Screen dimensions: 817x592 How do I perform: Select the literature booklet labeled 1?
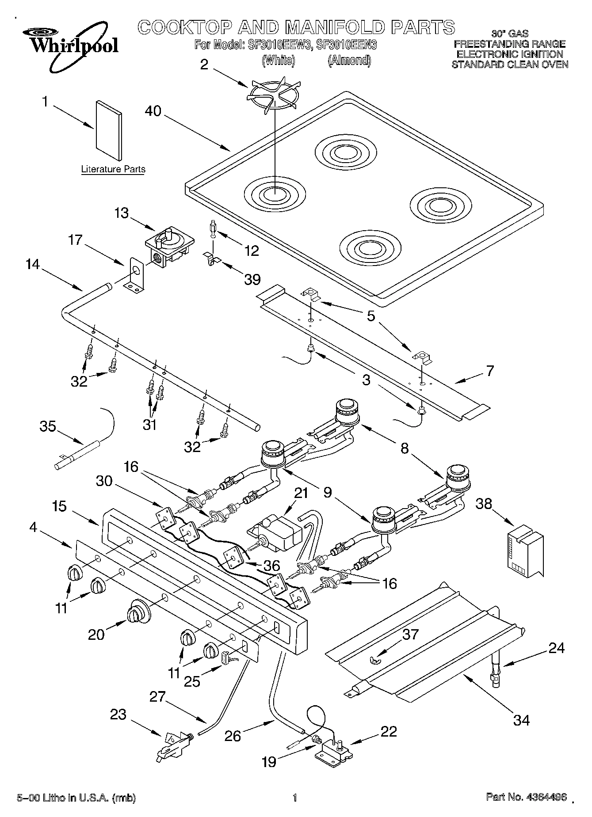pyautogui.click(x=109, y=130)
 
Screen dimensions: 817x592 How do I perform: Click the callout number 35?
pyautogui.click(x=47, y=426)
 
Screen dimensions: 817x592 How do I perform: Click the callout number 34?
pyautogui.click(x=521, y=720)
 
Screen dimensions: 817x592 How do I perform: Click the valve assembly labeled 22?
pyautogui.click(x=334, y=749)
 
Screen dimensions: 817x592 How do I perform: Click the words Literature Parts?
pyautogui.click(x=113, y=169)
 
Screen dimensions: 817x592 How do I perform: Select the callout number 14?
pyautogui.click(x=32, y=264)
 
